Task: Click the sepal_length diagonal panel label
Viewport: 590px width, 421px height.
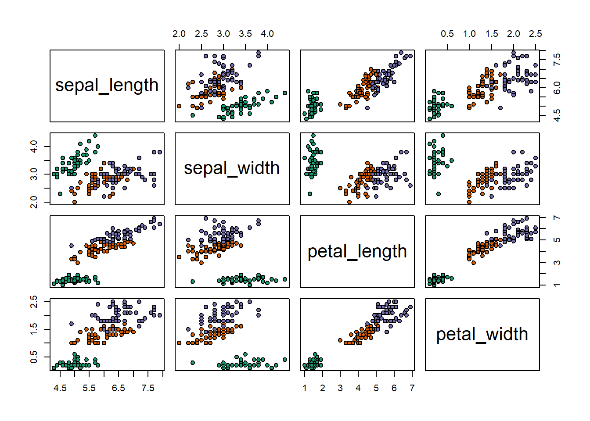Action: coord(107,86)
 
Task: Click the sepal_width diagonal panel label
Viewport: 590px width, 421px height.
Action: coord(232,168)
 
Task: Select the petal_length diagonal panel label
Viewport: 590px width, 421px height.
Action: coord(357,252)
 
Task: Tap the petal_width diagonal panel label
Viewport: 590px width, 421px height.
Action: coord(482,335)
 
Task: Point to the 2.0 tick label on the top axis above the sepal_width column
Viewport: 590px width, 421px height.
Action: coord(179,34)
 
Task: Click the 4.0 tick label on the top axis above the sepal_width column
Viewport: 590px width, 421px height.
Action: coord(267,34)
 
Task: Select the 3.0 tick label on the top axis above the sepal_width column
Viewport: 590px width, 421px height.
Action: coord(223,34)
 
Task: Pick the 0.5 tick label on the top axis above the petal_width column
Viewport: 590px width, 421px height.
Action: coord(447,34)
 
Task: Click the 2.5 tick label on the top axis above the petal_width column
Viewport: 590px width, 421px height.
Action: coord(535,34)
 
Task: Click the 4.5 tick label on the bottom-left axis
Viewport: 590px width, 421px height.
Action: coord(60,388)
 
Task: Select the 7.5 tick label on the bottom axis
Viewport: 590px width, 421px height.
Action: coord(148,388)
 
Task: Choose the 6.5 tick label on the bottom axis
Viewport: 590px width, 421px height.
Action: coord(119,388)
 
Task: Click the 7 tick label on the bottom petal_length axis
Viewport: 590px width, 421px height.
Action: coord(412,388)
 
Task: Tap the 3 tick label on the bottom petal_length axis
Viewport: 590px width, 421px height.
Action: coord(340,388)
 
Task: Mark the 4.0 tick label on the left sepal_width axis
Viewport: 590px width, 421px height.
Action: coord(33,146)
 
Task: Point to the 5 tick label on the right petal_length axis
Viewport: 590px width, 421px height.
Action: coord(557,240)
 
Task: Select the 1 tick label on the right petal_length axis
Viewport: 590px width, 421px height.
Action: coord(557,285)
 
